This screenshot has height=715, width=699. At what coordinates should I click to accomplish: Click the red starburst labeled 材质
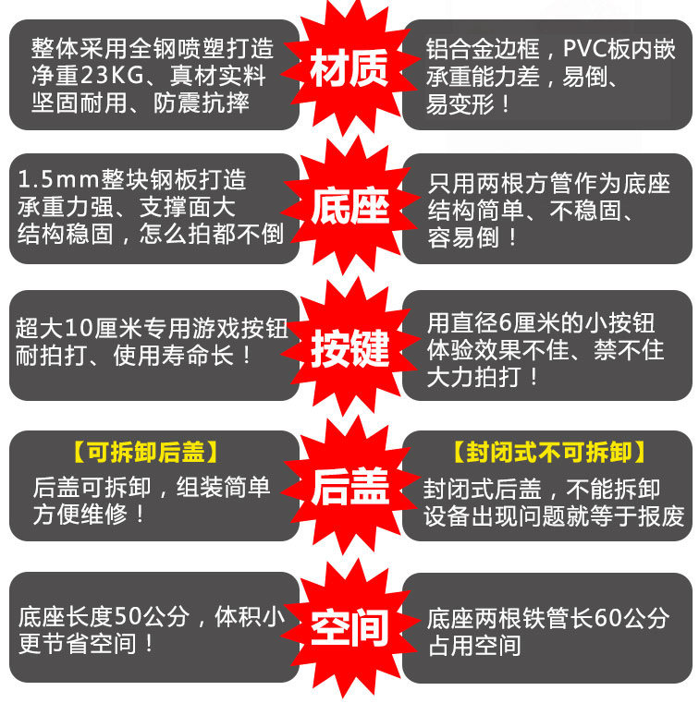pos(349,71)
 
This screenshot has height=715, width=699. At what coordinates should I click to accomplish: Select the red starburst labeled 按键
pos(349,350)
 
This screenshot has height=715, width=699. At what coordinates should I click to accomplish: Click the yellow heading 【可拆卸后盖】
pos(146,453)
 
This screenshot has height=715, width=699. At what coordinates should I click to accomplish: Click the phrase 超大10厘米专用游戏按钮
pos(153,328)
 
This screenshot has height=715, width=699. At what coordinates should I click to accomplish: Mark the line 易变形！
pos(468,102)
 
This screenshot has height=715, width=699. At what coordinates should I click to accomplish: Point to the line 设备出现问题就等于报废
pos(554,515)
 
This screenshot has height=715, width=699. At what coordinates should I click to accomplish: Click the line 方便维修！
pos(90,514)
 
